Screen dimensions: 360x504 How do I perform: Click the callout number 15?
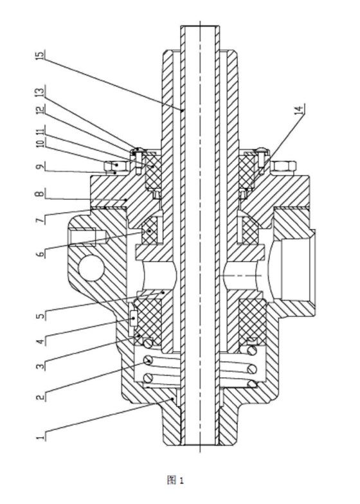(x=40, y=55)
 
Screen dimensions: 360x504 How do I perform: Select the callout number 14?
(x=299, y=109)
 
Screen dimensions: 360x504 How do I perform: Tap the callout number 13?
(x=40, y=91)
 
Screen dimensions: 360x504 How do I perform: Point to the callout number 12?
(x=40, y=111)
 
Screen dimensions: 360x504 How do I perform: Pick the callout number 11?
(x=40, y=129)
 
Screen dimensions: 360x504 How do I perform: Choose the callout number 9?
(x=40, y=167)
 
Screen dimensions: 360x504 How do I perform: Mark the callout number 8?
(x=40, y=194)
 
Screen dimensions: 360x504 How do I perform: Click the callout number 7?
(x=40, y=221)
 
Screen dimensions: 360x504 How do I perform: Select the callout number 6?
(x=40, y=254)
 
